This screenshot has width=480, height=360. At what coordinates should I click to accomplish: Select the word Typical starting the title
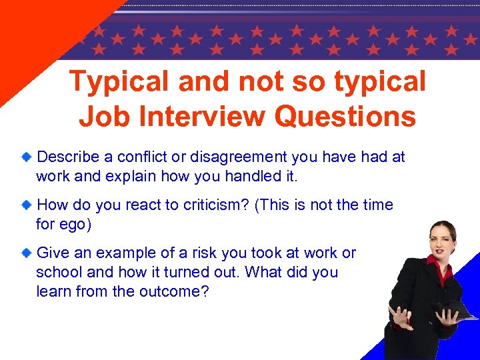[117, 81]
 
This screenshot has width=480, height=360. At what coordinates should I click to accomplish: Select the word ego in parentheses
[73, 225]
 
